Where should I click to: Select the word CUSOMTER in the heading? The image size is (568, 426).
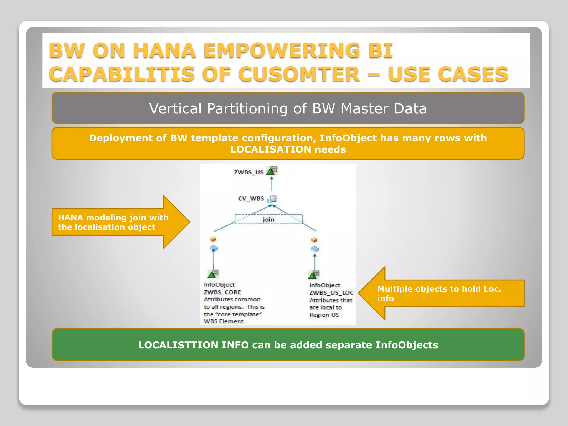pos(299,74)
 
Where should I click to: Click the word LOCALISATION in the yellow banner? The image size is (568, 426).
pos(270,149)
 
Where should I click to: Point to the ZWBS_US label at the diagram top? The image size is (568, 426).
pos(248,172)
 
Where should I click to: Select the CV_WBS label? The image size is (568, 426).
pos(251,199)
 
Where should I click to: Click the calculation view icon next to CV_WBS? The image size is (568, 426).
pos(272,199)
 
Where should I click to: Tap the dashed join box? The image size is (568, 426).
pos(268,219)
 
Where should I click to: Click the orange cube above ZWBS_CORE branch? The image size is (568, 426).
pos(213,239)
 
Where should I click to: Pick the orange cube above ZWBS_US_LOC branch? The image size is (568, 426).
pos(314,240)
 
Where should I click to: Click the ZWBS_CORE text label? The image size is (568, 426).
pos(222,292)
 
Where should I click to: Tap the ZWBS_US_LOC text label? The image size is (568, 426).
pos(331,293)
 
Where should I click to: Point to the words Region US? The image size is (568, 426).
pos(324,315)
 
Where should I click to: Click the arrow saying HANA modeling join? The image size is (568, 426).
pos(116,222)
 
